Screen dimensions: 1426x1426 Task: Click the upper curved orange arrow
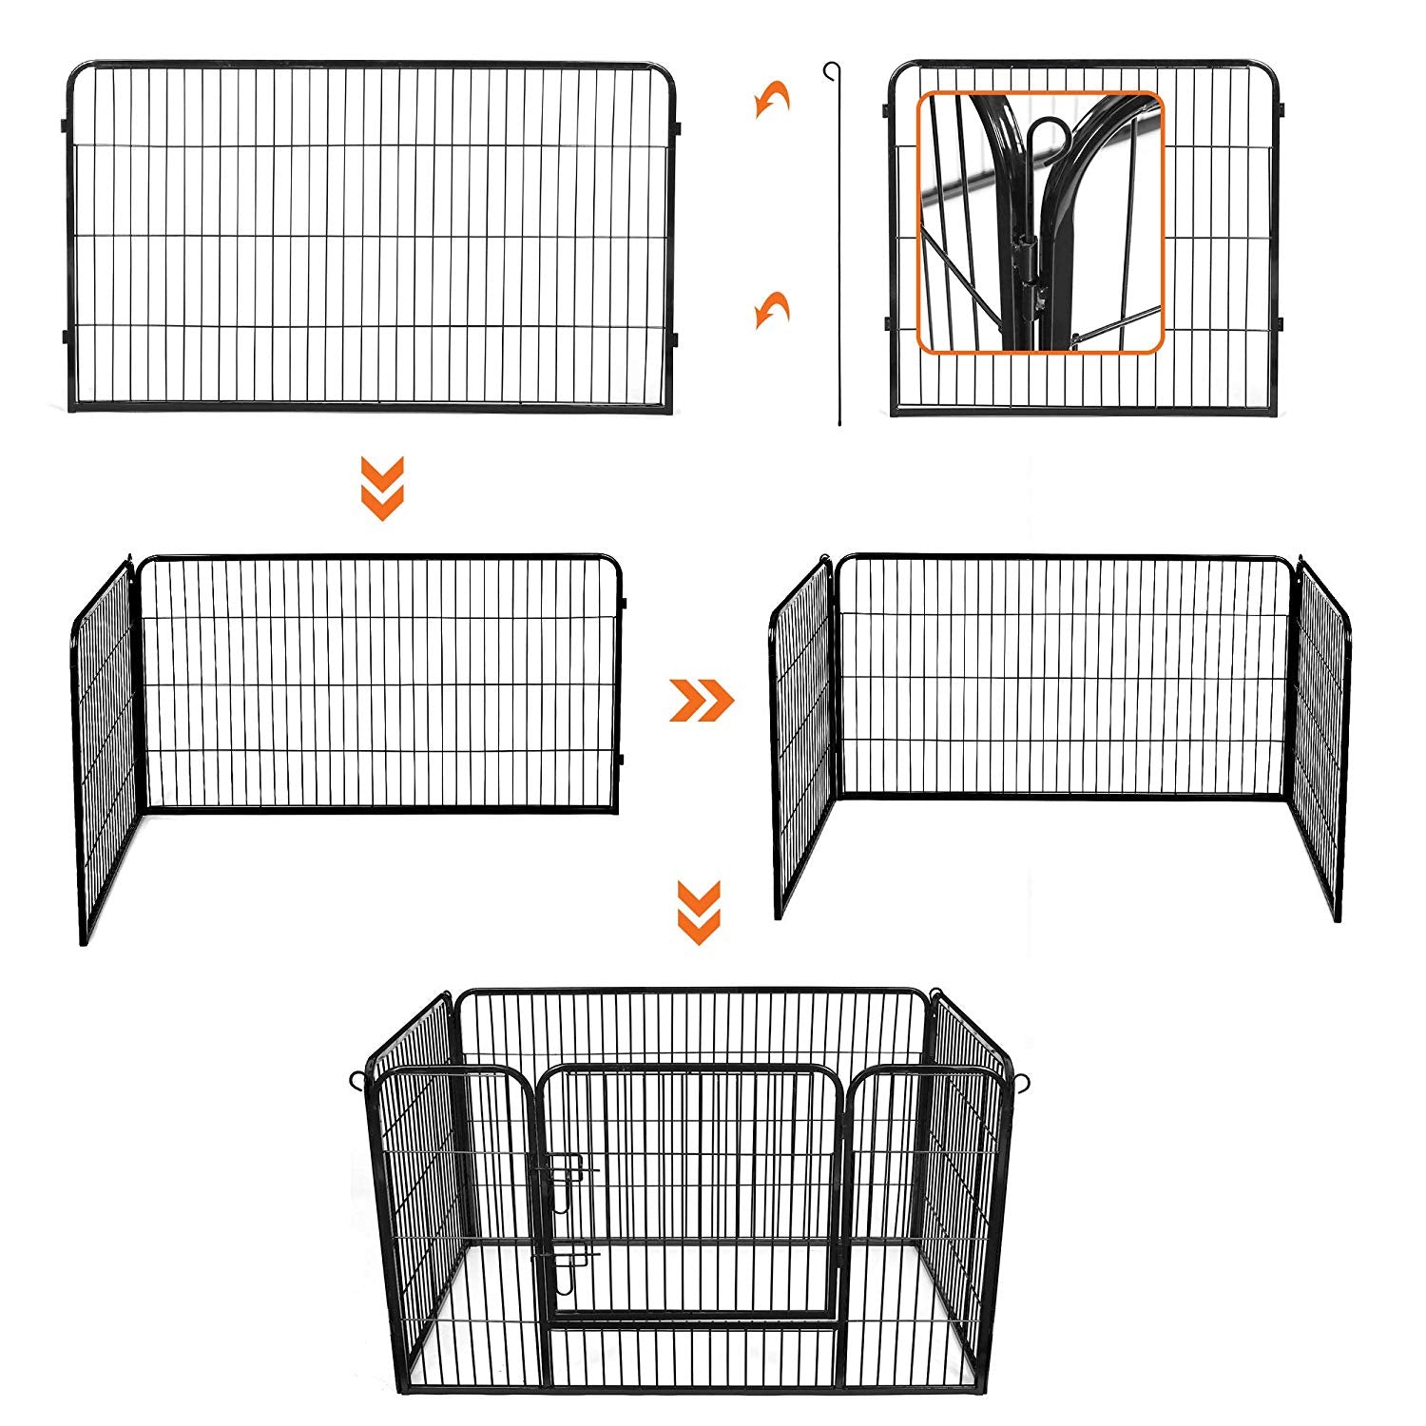772,99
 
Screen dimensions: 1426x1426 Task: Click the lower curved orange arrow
772,309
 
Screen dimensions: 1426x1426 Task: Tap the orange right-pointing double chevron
702,701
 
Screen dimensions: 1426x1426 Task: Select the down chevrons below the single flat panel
382,488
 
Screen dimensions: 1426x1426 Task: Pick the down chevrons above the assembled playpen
699,912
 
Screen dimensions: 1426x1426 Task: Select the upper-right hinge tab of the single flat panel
676,126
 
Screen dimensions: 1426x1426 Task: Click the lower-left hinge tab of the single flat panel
65,336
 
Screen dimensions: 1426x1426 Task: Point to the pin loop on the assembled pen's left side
357,1081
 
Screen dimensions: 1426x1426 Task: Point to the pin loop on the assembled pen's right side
1023,1083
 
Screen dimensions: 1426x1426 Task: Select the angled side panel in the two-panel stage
105,751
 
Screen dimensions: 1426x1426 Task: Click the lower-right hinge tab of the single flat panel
676,338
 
